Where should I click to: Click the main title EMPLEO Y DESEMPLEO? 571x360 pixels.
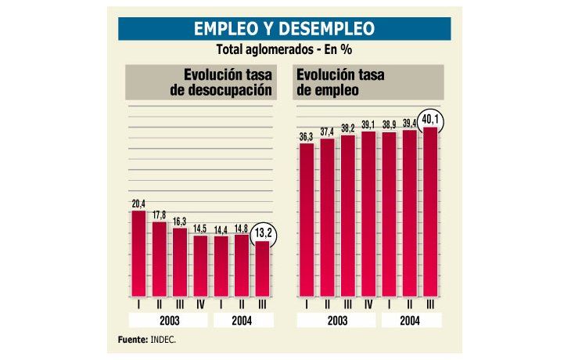(284, 29)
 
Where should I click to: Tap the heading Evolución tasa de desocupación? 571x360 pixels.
(221, 83)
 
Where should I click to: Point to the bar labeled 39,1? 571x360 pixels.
(368, 211)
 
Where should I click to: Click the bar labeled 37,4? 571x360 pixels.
(327, 214)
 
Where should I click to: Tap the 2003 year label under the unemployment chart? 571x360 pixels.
(169, 320)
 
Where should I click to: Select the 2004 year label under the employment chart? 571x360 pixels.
(409, 320)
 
